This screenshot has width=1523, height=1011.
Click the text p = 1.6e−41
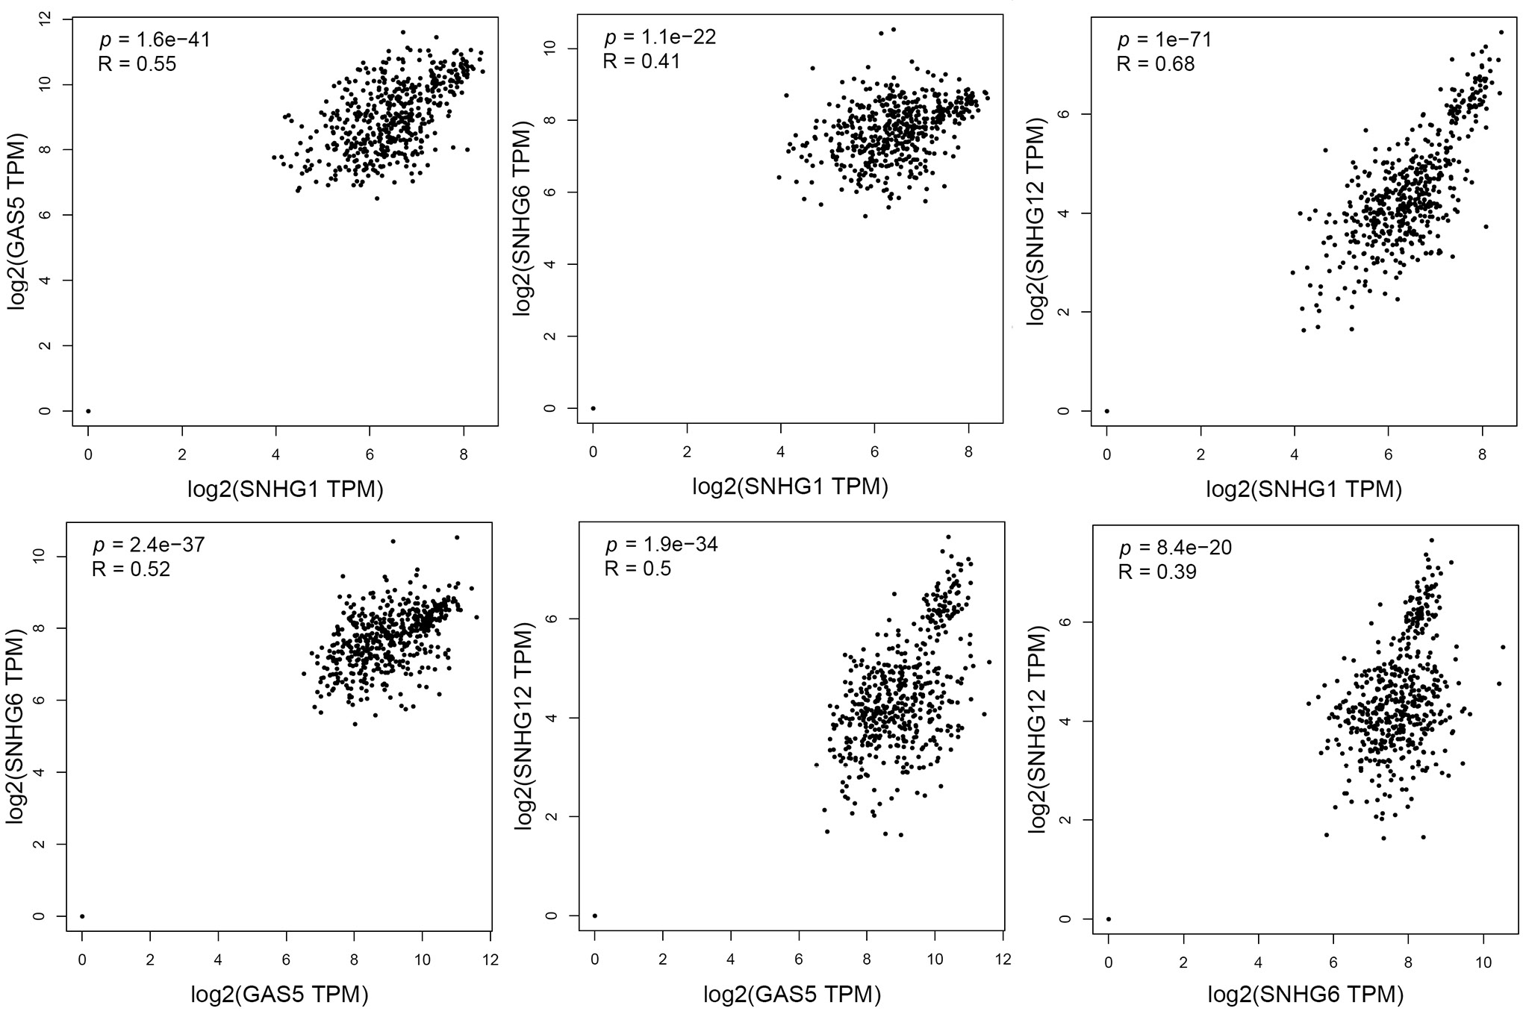(155, 40)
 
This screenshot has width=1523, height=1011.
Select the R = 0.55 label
(137, 64)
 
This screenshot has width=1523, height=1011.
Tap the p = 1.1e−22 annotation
(660, 37)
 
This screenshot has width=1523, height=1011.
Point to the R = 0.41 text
(642, 61)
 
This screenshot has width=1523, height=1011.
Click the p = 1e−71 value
(1164, 40)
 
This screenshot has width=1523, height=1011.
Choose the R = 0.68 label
(1156, 64)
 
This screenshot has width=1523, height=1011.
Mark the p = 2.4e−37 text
(149, 545)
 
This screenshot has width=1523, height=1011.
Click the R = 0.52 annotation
(131, 570)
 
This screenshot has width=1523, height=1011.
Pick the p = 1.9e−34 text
(661, 545)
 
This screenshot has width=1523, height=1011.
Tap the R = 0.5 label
(638, 569)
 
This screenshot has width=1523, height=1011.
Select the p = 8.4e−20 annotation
(1175, 548)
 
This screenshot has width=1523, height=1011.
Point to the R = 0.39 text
(1157, 572)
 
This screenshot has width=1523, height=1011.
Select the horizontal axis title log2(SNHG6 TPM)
(1306, 994)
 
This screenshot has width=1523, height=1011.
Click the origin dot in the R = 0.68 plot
(1107, 411)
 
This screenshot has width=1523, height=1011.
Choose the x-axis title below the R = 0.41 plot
(790, 487)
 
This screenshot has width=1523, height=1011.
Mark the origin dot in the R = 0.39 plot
(1109, 919)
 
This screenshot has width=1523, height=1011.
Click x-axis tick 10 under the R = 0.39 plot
(1483, 963)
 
